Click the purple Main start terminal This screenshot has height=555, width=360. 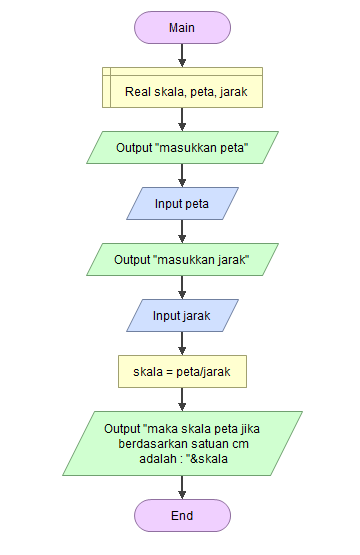coord(182,27)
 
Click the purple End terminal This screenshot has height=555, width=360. coord(182,516)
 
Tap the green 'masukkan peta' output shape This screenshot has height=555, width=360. coord(182,148)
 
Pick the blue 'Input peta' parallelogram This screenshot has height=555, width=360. coord(182,204)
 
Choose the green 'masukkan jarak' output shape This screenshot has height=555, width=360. coord(182,260)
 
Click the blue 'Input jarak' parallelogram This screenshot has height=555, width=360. coord(182,316)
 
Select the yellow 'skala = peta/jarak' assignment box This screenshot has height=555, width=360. coord(182,372)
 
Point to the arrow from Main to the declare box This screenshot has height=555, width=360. coord(182,56)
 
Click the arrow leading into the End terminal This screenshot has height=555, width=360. coord(182,488)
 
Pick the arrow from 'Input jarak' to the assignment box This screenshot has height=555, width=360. coord(182,344)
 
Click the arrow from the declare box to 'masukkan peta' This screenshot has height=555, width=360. coord(182,119)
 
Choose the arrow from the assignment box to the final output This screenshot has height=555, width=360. coord(182,400)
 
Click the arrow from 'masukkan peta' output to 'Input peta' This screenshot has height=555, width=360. coord(182,176)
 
